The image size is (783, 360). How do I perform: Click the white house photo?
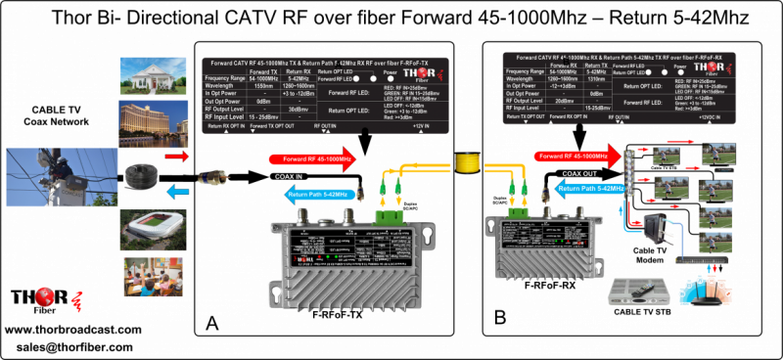[146, 77]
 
